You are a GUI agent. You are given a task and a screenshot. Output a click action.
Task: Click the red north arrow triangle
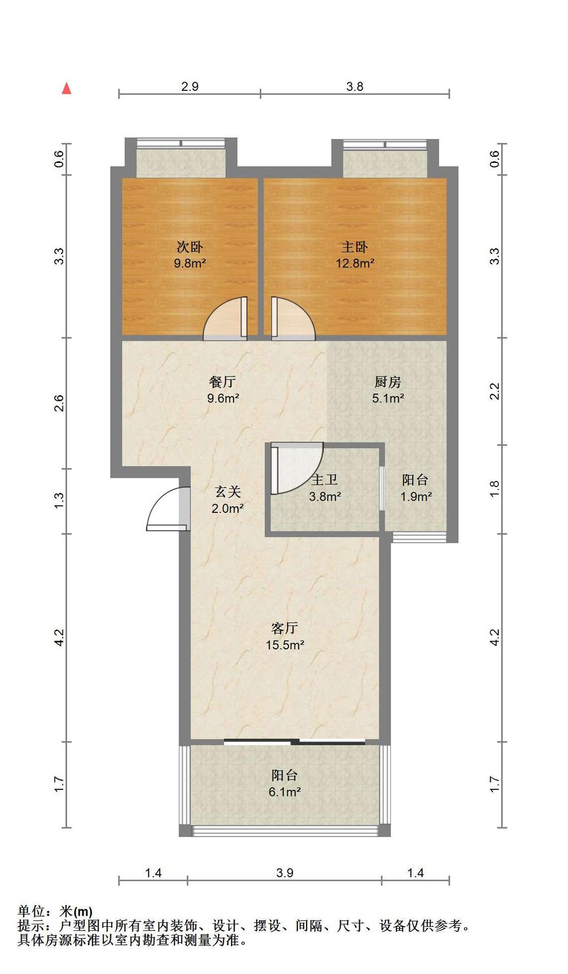66,88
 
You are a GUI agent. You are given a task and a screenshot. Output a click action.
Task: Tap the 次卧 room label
189,247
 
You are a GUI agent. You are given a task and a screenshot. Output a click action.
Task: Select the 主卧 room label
354,247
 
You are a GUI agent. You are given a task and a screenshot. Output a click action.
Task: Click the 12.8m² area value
355,263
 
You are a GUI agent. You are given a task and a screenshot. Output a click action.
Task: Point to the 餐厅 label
222,382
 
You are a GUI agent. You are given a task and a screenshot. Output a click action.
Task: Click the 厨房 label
388,382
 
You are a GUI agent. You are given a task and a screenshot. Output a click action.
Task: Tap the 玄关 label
227,492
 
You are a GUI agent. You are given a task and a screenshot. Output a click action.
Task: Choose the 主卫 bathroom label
324,480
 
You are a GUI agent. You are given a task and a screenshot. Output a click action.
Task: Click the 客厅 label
284,629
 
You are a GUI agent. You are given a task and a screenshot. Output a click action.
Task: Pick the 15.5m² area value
285,645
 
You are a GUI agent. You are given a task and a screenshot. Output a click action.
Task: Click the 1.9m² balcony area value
416,497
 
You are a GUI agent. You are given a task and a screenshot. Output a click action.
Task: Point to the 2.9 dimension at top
190,86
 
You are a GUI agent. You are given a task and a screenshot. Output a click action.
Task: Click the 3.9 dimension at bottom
285,873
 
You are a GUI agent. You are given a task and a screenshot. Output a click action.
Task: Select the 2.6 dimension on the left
59,403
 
